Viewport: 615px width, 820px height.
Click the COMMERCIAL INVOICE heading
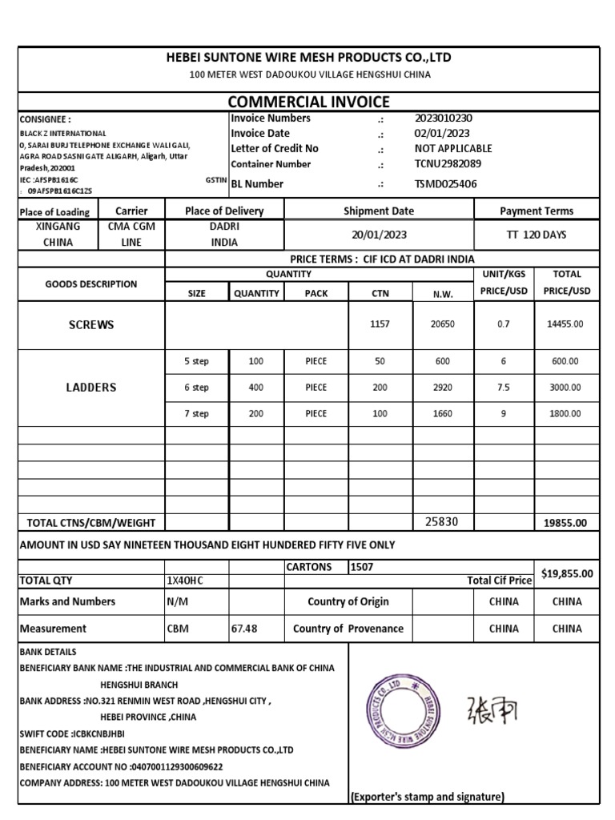[308, 102]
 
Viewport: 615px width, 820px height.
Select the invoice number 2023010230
[444, 118]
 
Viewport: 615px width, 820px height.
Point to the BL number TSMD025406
[446, 183]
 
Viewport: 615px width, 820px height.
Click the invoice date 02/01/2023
[442, 133]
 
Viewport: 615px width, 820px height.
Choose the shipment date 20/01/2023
[379, 235]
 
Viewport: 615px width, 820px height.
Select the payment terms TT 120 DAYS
[536, 235]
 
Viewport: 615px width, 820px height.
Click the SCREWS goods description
[91, 324]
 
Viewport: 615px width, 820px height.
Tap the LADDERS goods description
[91, 388]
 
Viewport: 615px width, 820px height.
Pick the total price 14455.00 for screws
[565, 325]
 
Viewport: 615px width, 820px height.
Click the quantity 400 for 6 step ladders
[255, 388]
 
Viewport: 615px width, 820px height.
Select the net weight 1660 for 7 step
[443, 414]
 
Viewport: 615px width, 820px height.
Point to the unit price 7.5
[503, 388]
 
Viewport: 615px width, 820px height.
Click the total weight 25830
[441, 522]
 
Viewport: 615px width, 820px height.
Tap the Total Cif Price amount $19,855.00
[567, 573]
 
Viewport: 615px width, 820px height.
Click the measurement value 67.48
[244, 629]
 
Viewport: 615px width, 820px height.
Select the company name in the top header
[309, 58]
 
